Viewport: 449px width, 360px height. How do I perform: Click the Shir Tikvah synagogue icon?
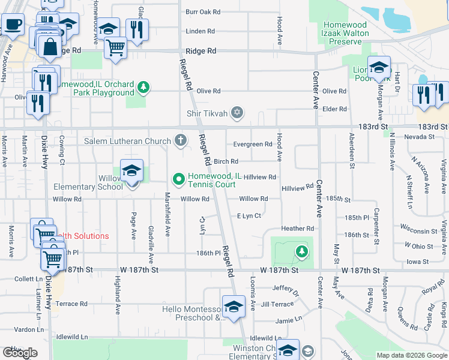(x=237, y=113)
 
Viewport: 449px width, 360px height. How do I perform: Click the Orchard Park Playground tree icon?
(x=143, y=88)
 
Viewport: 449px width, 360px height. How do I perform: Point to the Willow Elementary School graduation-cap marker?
(x=131, y=172)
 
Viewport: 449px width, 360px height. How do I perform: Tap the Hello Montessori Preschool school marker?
(x=233, y=308)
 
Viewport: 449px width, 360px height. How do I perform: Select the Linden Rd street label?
(x=200, y=31)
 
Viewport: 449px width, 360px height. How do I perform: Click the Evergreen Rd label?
(x=253, y=145)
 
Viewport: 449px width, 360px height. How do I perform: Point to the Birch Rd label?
(x=226, y=161)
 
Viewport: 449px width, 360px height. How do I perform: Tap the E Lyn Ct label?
(x=249, y=216)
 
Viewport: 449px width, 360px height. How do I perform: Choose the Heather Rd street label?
(x=298, y=229)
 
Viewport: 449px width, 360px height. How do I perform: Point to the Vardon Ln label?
(x=29, y=329)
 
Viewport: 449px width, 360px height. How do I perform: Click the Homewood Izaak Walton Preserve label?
(x=346, y=33)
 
